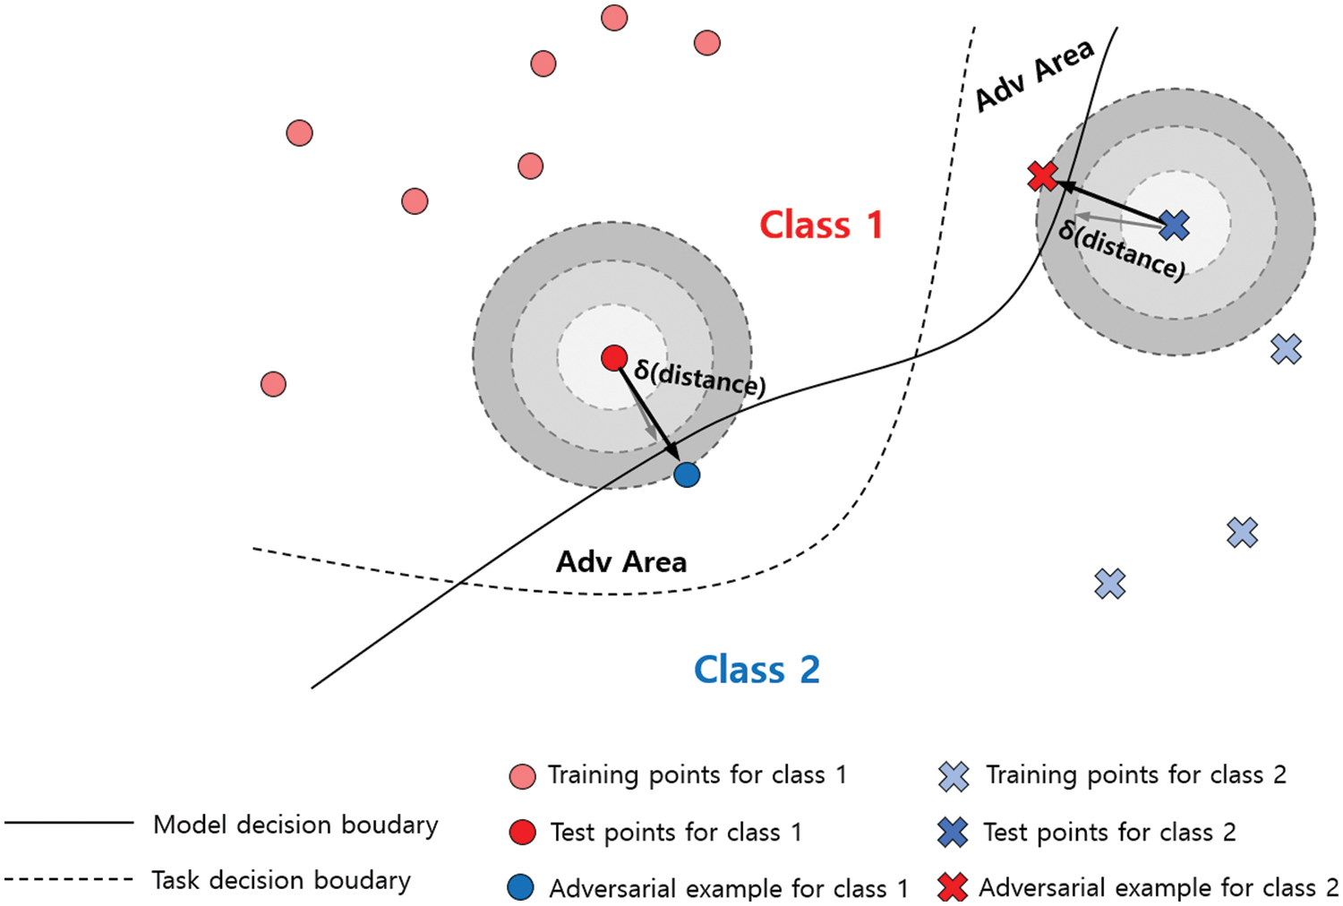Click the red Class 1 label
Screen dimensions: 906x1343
click(821, 225)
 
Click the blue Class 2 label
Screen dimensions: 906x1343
click(757, 670)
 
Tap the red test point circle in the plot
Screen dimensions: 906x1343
click(614, 358)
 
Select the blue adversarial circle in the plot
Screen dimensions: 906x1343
click(687, 474)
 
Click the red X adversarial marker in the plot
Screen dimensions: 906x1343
click(1042, 176)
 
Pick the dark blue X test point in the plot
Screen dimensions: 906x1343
click(1174, 226)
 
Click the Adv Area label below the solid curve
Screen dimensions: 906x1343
click(621, 562)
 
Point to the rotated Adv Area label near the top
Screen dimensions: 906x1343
click(1034, 75)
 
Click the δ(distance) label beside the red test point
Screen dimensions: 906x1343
click(699, 378)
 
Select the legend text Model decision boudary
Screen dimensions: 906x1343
click(295, 825)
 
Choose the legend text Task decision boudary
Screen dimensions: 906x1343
click(281, 881)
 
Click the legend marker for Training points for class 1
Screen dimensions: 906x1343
click(522, 776)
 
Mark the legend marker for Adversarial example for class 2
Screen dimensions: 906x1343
click(953, 887)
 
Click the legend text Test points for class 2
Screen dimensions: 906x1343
click(1109, 833)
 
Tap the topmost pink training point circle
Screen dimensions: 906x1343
click(614, 18)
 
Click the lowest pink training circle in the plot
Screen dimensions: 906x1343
click(273, 384)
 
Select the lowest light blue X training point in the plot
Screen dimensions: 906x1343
click(1109, 584)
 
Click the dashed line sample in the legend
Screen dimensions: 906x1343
click(69, 879)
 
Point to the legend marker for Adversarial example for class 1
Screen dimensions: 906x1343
click(520, 887)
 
